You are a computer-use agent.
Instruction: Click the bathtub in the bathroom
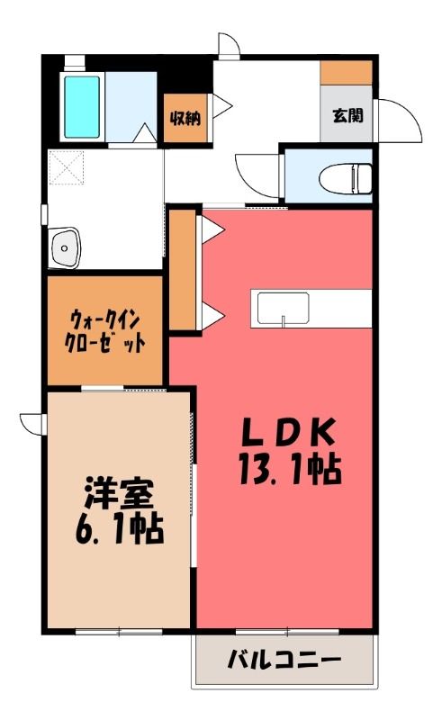click(82, 107)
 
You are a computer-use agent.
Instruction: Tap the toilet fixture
click(346, 179)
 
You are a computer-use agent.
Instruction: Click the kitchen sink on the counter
click(283, 309)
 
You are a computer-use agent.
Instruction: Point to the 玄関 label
click(347, 115)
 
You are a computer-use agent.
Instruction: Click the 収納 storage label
click(185, 119)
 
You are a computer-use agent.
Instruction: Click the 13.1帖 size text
click(290, 469)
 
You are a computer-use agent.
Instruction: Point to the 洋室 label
click(118, 493)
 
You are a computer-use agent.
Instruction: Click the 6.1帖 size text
click(118, 529)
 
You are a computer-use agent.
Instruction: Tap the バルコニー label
click(284, 661)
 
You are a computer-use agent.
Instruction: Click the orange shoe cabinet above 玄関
click(346, 73)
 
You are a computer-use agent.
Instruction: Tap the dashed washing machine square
click(67, 167)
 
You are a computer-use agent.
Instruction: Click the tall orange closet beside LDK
click(183, 269)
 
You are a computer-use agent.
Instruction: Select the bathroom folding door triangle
click(146, 133)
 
